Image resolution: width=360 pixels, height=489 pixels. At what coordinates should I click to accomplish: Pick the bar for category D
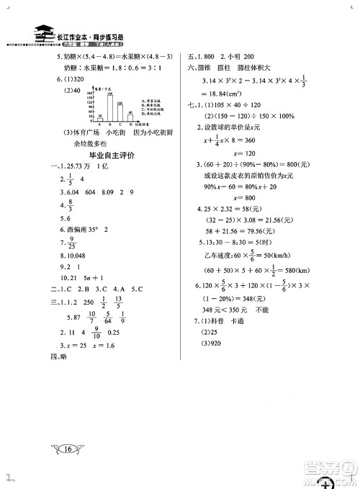(130, 116)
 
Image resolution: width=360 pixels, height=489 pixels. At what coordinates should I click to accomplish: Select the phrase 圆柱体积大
(278, 68)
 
